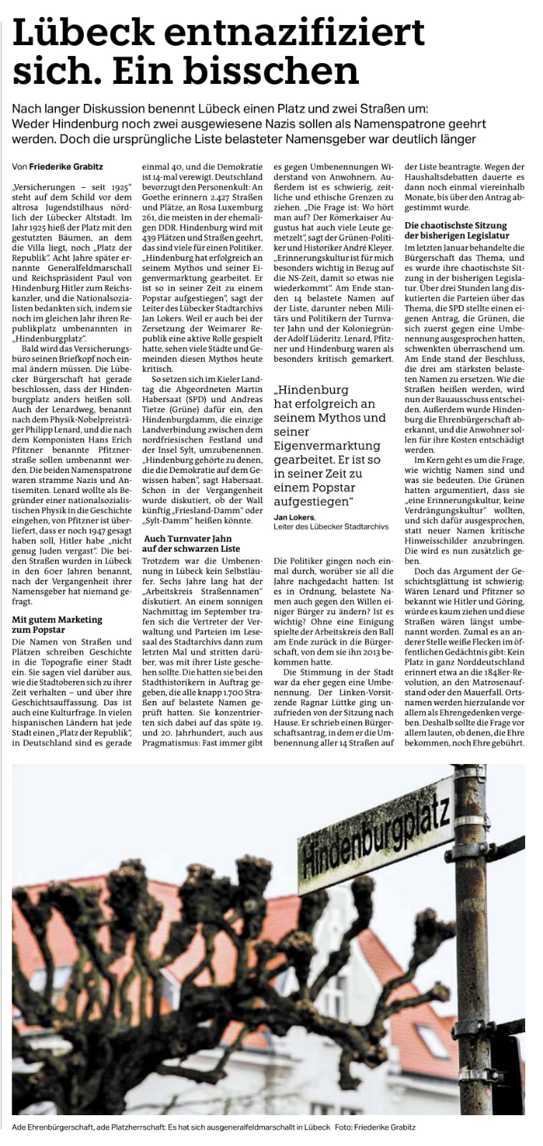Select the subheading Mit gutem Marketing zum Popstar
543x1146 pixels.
point(57,624)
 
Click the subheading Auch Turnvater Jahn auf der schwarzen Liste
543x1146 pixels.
point(192,543)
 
